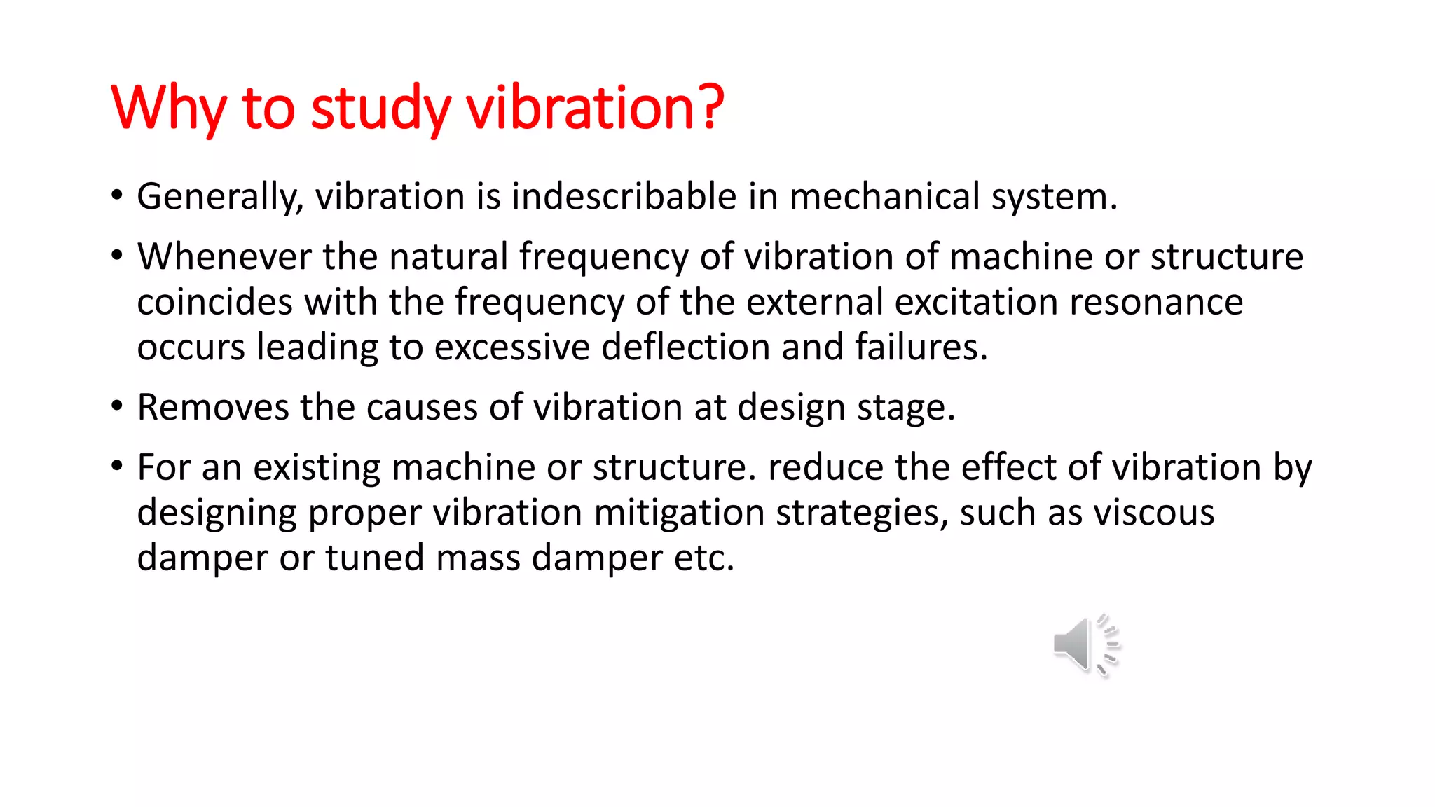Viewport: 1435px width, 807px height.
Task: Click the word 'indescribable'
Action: [624, 196]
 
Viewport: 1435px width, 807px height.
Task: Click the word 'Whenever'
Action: [224, 256]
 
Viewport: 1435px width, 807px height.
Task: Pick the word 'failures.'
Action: [921, 347]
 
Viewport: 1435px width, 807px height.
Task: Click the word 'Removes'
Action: [212, 407]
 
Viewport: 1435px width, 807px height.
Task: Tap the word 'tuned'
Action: [374, 558]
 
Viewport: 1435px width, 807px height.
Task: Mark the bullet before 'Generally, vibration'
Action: [117, 195]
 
